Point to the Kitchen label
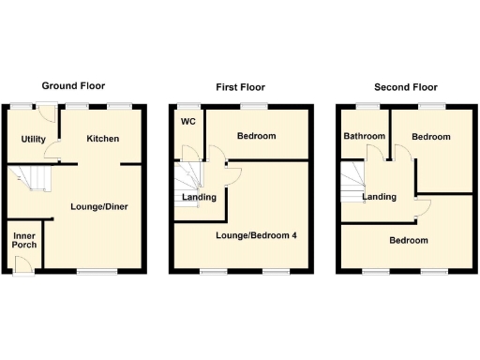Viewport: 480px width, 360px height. (103, 139)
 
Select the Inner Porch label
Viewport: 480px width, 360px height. (24, 239)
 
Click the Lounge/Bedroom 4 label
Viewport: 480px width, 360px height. (257, 234)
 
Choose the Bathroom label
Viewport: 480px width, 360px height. (364, 137)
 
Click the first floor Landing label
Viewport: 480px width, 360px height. (199, 198)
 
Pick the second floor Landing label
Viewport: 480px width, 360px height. (380, 197)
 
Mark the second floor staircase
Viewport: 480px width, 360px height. (354, 178)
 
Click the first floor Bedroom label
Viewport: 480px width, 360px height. (256, 137)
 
